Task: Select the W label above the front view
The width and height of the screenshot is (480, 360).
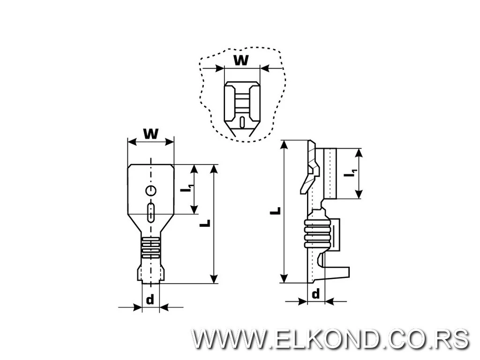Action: (150, 134)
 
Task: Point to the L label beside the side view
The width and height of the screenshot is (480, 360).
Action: (277, 211)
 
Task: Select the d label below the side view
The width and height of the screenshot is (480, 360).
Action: (316, 294)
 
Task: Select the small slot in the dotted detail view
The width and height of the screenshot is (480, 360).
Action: (242, 122)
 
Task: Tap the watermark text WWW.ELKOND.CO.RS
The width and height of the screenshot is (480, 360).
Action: (330, 338)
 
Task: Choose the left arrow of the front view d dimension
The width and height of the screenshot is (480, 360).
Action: (137, 307)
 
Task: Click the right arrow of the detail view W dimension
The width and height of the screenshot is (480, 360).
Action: (265, 68)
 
